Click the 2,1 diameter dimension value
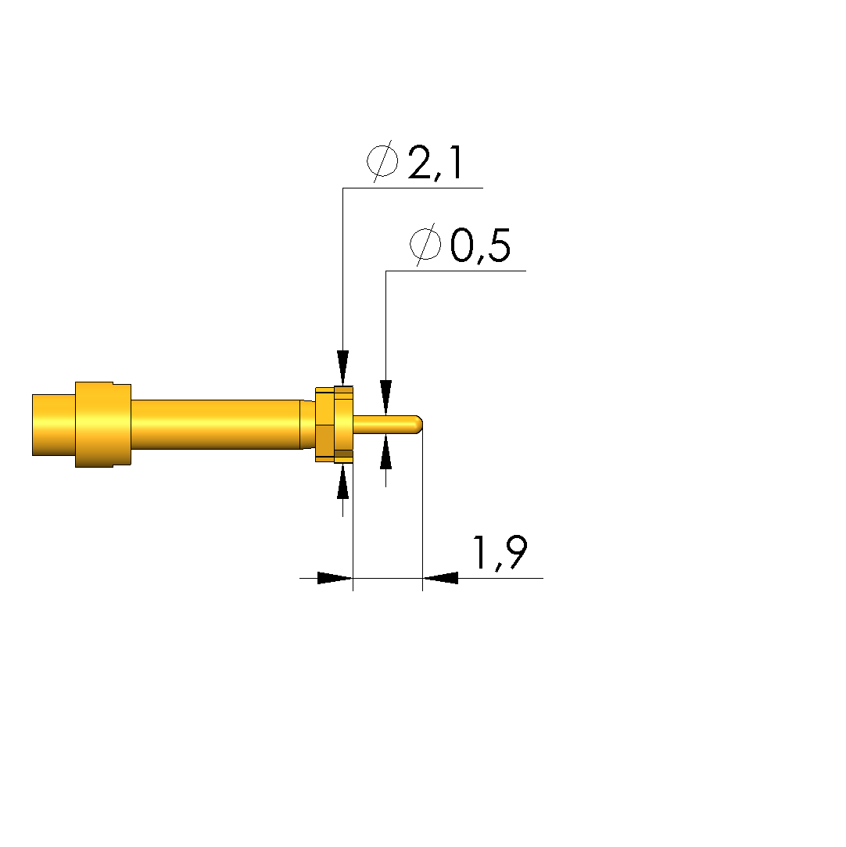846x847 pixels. click(x=436, y=163)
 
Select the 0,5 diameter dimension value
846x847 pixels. click(x=480, y=246)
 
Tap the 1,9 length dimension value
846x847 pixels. click(x=500, y=553)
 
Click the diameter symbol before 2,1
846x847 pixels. click(x=382, y=161)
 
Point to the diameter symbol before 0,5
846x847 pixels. click(x=425, y=245)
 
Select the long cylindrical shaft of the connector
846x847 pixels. click(x=216, y=424)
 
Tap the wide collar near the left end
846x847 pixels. click(x=103, y=424)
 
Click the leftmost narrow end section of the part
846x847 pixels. click(x=53, y=425)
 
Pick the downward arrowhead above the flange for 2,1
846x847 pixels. click(x=342, y=368)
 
